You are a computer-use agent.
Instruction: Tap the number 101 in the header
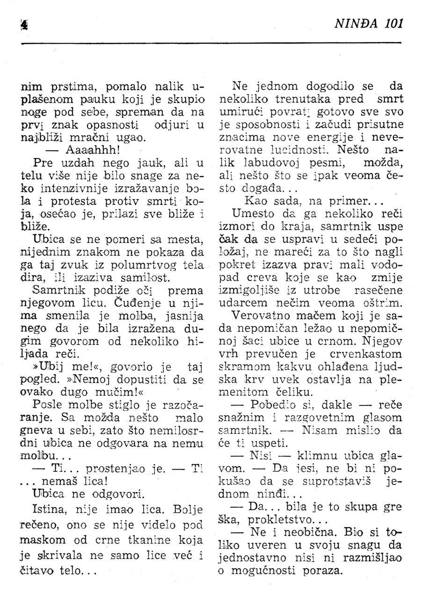(x=392, y=23)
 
